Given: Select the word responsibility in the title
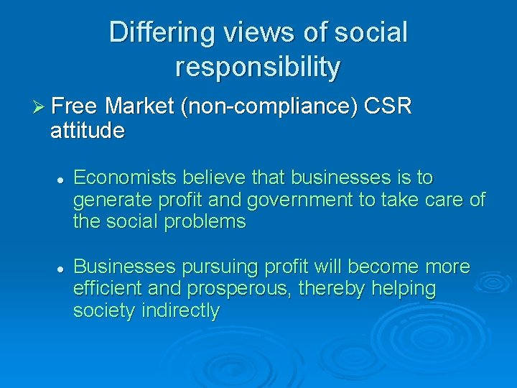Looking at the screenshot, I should (x=258, y=67).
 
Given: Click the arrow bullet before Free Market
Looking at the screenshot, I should (x=39, y=108).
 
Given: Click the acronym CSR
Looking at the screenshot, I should (x=388, y=108).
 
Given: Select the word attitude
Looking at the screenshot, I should (x=88, y=131).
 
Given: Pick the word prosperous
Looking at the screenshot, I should (x=242, y=290).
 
